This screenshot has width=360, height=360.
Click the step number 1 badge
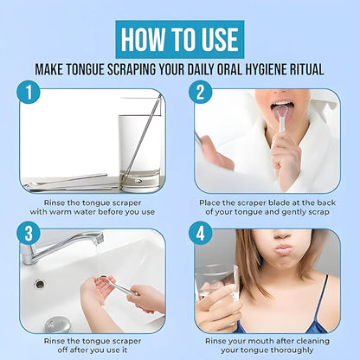(x=29, y=92)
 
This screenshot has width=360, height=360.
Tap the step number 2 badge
(x=201, y=92)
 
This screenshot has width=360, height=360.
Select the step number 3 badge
(x=29, y=233)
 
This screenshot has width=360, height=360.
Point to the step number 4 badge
(x=201, y=233)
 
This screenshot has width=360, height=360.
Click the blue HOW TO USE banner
(x=180, y=39)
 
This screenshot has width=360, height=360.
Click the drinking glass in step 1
(x=139, y=153)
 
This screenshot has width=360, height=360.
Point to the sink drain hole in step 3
(x=40, y=284)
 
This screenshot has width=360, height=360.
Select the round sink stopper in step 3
(x=58, y=325)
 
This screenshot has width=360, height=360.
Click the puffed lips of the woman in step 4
(x=284, y=248)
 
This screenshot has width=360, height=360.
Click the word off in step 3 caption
(x=63, y=350)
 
